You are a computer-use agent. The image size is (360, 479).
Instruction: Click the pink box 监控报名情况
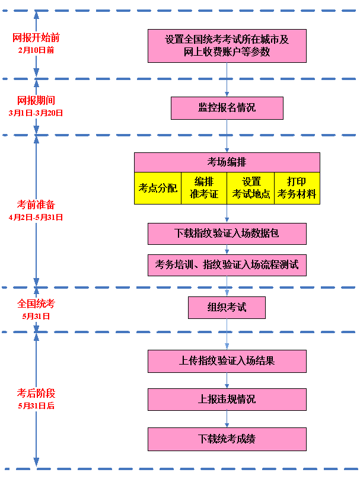[x=227, y=108]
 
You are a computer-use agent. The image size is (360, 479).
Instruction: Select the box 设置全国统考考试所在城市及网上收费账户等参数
[x=227, y=46]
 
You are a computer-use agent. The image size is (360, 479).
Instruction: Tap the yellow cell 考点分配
[x=158, y=188]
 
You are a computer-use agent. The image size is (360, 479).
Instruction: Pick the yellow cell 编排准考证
[x=204, y=188]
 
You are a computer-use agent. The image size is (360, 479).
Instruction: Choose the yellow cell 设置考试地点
[x=251, y=188]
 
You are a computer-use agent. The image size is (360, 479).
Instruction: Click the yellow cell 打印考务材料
[x=297, y=188]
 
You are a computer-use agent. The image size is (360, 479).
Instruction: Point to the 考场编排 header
[x=227, y=162]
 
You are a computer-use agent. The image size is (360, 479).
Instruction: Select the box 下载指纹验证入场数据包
[x=227, y=234]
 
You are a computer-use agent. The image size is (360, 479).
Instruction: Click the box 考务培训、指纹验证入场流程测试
[x=227, y=265]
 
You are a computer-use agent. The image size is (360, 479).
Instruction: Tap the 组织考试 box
[x=227, y=308]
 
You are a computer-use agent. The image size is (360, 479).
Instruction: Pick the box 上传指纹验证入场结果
[x=227, y=360]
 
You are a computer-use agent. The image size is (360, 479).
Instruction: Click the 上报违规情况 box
[x=227, y=400]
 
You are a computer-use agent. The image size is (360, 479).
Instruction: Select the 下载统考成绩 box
[x=227, y=439]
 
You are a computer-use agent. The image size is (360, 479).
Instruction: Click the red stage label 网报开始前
[x=36, y=38]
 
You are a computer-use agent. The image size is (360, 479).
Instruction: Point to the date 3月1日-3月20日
[x=36, y=113]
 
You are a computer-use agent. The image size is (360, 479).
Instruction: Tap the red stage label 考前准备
[x=36, y=205]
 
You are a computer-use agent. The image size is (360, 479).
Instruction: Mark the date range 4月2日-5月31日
[x=36, y=218]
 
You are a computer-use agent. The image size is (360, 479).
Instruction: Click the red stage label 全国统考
[x=36, y=304]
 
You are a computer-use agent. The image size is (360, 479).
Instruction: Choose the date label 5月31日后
[x=36, y=406]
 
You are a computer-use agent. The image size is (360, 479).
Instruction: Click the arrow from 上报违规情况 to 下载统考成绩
[x=227, y=419]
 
